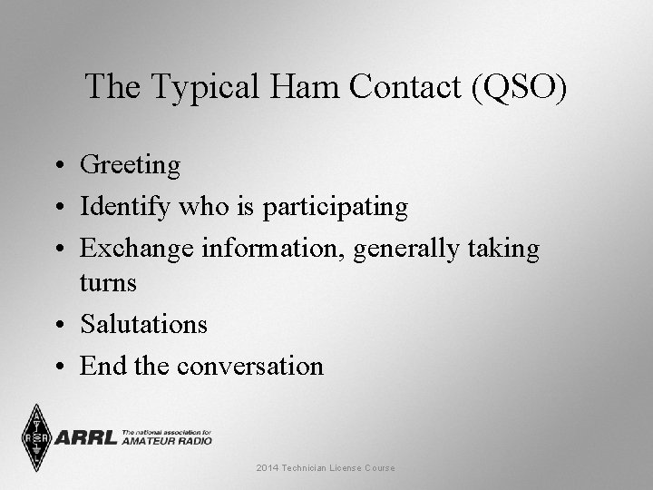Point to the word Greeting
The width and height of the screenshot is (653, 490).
point(131,166)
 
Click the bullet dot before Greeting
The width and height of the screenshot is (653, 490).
point(57,166)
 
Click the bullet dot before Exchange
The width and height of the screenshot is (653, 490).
point(57,249)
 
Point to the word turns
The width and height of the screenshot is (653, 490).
point(108,283)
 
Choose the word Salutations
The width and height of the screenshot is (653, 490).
point(143,323)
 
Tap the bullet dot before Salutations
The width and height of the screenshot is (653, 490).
point(57,324)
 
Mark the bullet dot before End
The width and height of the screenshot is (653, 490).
point(57,367)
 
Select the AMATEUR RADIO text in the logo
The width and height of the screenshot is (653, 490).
point(167,441)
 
